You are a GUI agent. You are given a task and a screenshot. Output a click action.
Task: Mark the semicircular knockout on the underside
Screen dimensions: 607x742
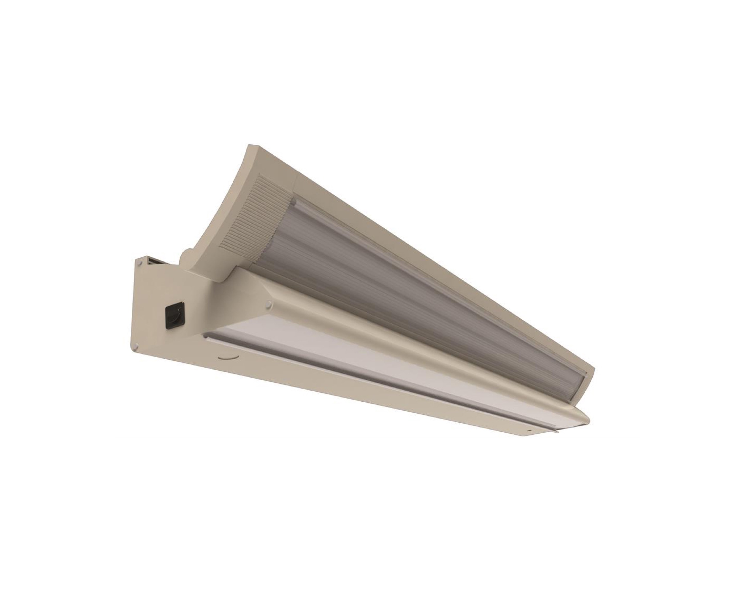click(x=227, y=358)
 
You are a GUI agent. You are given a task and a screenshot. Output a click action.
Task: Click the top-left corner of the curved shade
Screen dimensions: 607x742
click(x=249, y=145)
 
